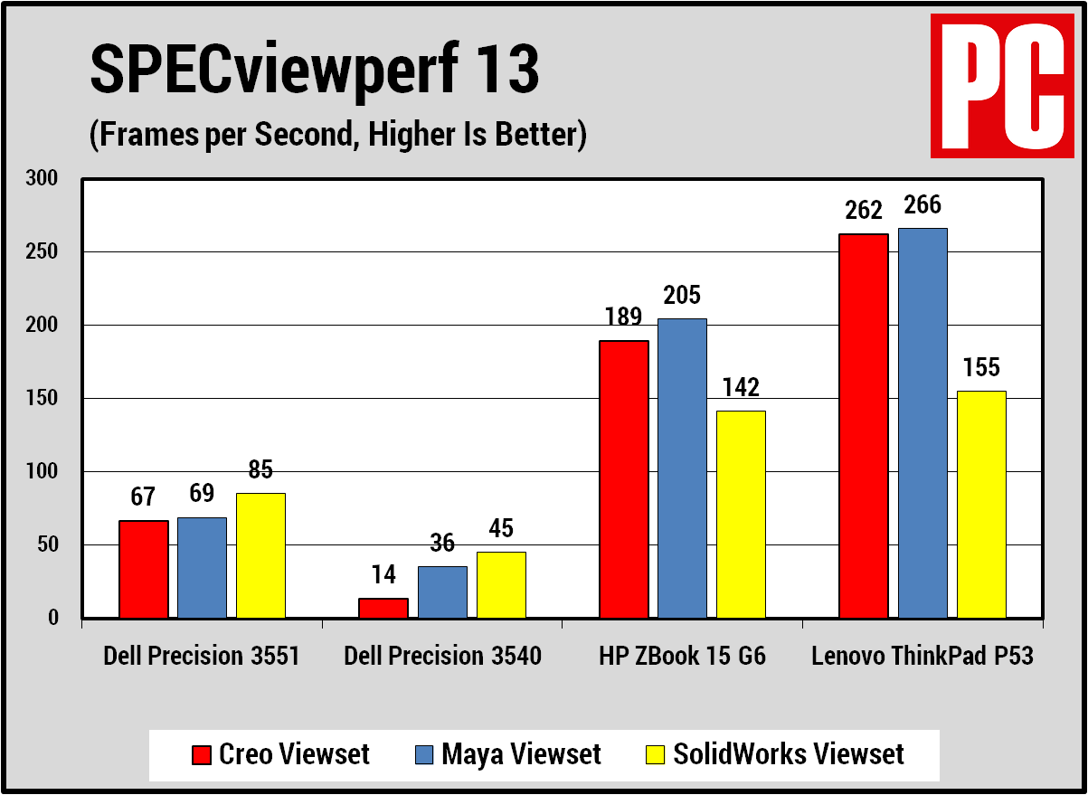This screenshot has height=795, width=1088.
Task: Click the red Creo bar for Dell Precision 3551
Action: pyautogui.click(x=143, y=569)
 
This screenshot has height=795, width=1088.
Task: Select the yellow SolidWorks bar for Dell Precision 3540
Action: pyautogui.click(x=501, y=584)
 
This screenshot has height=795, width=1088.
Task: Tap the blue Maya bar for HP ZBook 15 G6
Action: pyautogui.click(x=682, y=468)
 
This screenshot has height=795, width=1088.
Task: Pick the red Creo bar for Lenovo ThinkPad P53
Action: pyautogui.click(x=864, y=425)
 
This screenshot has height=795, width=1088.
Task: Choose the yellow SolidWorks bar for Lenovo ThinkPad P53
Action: pyautogui.click(x=981, y=504)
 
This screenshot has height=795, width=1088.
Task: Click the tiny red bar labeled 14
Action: pyautogui.click(x=383, y=608)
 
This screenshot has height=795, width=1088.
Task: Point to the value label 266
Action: pyautogui.click(x=922, y=206)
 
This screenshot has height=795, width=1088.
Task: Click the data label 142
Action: pyautogui.click(x=741, y=388)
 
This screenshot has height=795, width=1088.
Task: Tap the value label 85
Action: pyautogui.click(x=261, y=470)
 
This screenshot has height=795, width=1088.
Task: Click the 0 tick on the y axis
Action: pyautogui.click(x=53, y=618)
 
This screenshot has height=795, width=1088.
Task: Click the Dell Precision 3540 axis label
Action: pyautogui.click(x=442, y=657)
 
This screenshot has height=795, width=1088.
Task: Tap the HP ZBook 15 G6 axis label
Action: pyautogui.click(x=682, y=657)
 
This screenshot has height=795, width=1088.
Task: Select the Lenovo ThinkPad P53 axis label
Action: pyautogui.click(x=922, y=657)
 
